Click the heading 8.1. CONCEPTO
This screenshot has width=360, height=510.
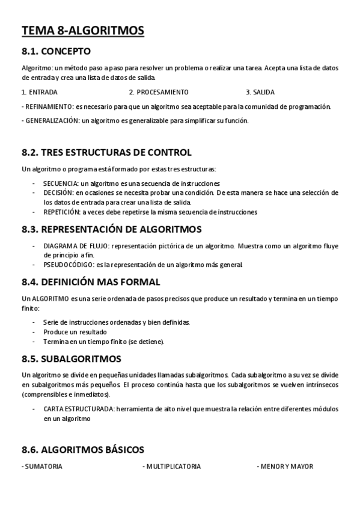56,51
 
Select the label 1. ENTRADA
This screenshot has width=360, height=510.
40,92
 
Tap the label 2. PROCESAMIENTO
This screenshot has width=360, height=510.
159,92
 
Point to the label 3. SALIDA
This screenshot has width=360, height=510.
260,92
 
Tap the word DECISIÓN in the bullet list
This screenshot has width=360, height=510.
58,192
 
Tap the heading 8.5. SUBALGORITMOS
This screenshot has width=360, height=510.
71,359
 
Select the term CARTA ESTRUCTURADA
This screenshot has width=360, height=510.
78,409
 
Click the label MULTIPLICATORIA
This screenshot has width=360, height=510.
173,466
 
